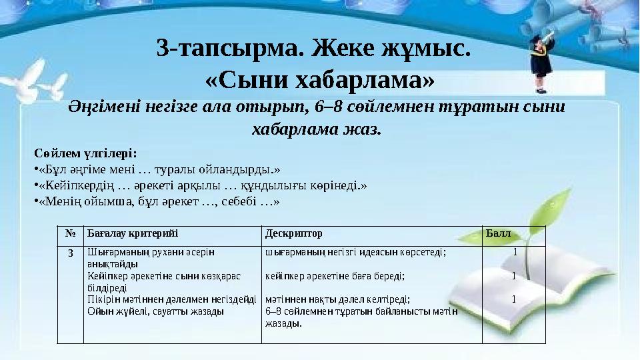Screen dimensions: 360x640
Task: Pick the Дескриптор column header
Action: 294,235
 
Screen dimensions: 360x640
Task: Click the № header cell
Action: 70,235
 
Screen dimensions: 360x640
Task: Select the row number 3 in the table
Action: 69,253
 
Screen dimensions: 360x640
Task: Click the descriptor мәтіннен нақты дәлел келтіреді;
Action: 337,299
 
